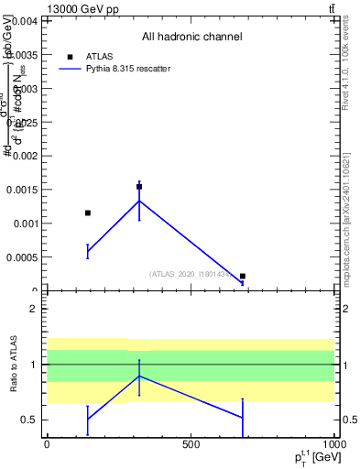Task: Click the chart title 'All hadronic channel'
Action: point(191,38)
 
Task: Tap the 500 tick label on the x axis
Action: point(191,444)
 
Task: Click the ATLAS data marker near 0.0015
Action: point(139,187)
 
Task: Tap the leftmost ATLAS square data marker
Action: point(88,213)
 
